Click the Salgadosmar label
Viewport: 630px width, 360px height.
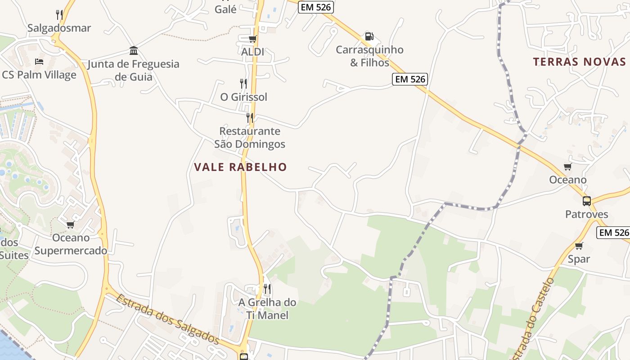point(59,28)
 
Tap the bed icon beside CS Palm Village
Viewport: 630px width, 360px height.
point(39,61)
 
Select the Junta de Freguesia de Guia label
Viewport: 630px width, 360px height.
point(133,70)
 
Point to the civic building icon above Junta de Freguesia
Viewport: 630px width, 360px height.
point(134,50)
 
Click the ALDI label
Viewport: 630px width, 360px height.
point(252,52)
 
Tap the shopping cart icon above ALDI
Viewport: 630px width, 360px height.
point(252,39)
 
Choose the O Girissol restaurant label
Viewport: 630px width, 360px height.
point(243,97)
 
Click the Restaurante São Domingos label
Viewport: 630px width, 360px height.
point(249,137)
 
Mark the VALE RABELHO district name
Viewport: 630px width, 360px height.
point(240,167)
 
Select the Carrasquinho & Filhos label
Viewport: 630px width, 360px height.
point(369,56)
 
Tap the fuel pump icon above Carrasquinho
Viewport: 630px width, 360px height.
point(369,36)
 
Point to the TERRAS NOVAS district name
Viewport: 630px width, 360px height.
point(579,62)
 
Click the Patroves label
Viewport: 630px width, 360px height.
point(587,214)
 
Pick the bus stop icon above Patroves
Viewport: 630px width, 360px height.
point(587,201)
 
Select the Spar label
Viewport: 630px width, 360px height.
point(579,259)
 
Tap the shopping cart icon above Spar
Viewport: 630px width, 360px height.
point(579,246)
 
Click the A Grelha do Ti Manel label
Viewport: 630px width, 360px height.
point(267,308)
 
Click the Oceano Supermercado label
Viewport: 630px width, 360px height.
point(71,244)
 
